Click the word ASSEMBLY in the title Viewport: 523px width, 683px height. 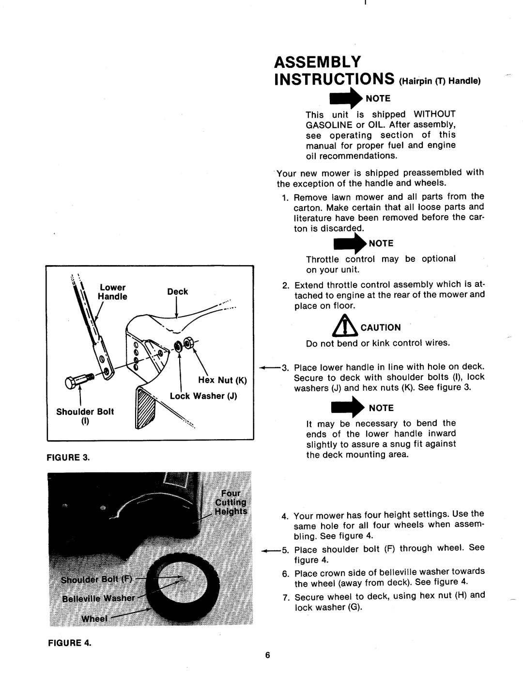pos(317,62)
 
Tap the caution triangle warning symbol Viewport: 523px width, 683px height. pos(345,326)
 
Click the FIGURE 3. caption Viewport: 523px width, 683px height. pos(68,457)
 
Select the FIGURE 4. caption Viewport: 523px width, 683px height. pos(69,643)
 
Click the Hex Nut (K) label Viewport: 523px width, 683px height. pos(222,381)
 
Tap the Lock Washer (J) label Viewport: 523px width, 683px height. pos(203,396)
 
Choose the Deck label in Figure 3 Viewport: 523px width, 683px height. pos(177,292)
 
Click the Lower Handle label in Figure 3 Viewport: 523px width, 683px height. pos(112,292)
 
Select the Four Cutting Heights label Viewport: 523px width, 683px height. pos(231,502)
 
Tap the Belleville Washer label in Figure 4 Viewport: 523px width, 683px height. pos(98,599)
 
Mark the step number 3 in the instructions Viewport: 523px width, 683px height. pos(285,367)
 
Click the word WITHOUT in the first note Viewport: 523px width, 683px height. pos(434,114)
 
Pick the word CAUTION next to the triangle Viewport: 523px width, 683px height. pos(381,328)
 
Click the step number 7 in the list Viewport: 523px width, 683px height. pos(286,597)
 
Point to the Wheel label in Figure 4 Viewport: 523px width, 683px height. pos(94,619)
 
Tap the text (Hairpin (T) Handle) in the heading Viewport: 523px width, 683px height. pos(440,81)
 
